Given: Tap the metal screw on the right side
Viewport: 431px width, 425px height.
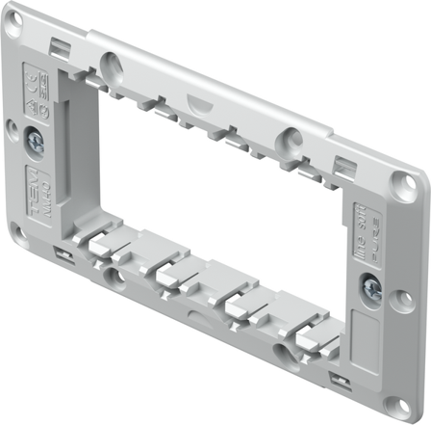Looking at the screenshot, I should [372, 286].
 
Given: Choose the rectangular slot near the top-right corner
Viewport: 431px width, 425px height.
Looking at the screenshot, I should [343, 164].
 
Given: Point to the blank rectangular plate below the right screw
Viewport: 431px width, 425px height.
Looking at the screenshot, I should [366, 336].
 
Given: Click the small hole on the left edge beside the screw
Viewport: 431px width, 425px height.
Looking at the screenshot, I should [11, 125].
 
